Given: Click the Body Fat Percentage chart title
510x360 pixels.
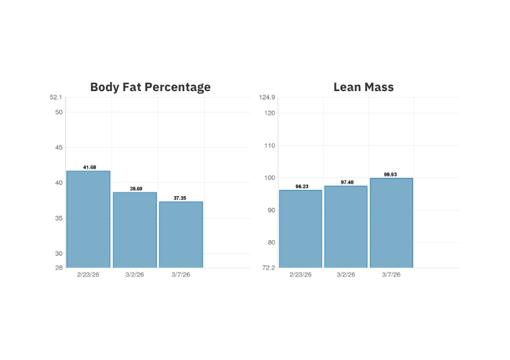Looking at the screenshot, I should [150, 87].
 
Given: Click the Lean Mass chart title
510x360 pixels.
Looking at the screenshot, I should [363, 87].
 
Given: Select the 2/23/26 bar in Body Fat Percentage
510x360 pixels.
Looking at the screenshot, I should [89, 219].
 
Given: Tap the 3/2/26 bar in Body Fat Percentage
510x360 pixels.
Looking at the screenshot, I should [135, 229].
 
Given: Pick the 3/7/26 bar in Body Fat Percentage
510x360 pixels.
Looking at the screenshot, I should [180, 234].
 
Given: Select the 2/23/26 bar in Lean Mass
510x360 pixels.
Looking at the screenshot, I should [300, 229].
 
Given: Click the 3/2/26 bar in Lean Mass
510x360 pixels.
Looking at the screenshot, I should [346, 227].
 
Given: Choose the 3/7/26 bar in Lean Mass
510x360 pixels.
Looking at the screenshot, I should [391, 223].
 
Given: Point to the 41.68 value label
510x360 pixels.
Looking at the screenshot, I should [89, 167].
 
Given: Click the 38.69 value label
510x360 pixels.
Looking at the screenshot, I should [135, 189].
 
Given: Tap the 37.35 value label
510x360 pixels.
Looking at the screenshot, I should [180, 198].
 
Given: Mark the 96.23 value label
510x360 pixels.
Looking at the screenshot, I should [300, 187].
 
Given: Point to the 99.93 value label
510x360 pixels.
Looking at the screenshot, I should [391, 174].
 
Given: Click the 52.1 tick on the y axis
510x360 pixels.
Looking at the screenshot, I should [56, 97].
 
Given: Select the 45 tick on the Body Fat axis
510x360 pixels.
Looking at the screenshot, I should [59, 147].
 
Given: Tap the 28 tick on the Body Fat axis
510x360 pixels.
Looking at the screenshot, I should [59, 268].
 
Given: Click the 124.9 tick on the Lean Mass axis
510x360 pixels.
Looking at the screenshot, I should [267, 97].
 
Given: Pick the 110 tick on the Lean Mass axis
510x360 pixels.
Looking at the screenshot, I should [269, 145].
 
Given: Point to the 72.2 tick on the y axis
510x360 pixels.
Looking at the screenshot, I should [268, 268].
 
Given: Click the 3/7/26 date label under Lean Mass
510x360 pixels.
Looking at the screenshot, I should [391, 275].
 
